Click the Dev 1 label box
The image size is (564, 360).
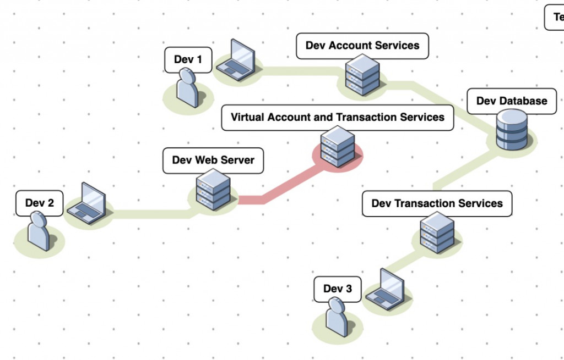tap(188, 59)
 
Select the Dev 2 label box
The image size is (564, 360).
tap(40, 203)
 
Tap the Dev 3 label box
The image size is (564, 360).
tap(337, 289)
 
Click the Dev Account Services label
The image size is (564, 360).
tap(362, 46)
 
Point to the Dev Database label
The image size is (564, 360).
tap(512, 101)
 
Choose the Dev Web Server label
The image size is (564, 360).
tap(213, 160)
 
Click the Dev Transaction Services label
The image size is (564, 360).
tap(437, 204)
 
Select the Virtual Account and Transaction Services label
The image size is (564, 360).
tap(337, 118)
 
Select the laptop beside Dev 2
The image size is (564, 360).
tap(87, 204)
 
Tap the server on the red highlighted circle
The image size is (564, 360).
tap(337, 147)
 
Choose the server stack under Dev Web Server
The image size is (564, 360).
tap(213, 190)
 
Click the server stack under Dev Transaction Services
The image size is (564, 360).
tap(437, 232)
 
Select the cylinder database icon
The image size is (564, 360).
tap(512, 130)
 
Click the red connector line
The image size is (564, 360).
tap(275, 190)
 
